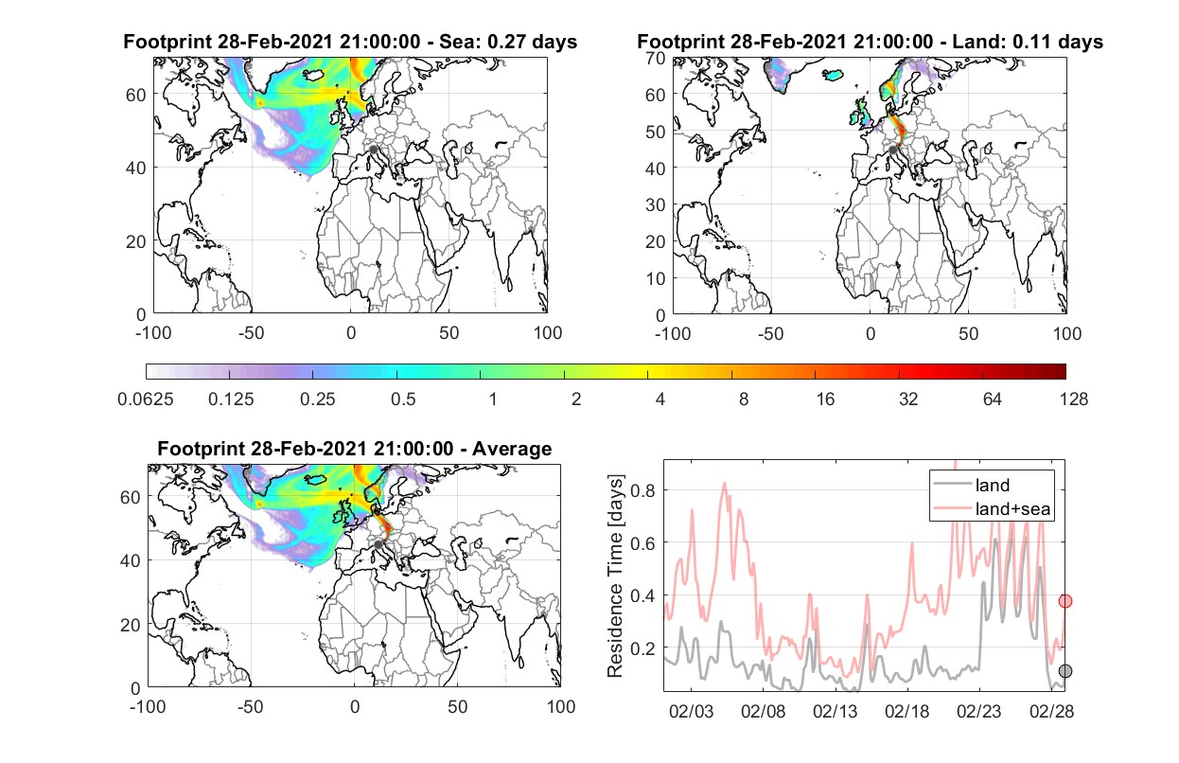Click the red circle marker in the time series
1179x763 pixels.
[x=1065, y=601]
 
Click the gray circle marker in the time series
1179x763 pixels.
[x=1065, y=671]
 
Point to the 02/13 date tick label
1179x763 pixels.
[x=835, y=711]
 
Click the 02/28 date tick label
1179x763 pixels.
[x=1051, y=711]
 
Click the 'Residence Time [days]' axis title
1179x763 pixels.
[x=615, y=577]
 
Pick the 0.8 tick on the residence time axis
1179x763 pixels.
[x=642, y=490]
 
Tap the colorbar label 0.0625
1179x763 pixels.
[x=146, y=399]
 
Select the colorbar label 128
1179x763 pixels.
[x=1074, y=399]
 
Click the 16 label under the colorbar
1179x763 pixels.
[x=825, y=399]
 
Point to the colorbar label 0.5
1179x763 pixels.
[x=403, y=399]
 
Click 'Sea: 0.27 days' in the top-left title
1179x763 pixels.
[x=508, y=42]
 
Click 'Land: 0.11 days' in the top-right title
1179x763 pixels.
[x=1028, y=42]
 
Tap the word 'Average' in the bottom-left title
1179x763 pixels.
[x=512, y=449]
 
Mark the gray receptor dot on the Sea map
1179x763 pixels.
[x=373, y=150]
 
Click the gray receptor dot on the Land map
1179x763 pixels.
[x=892, y=151]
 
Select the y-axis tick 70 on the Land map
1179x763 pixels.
[x=656, y=59]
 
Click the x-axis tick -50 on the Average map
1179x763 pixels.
[x=251, y=706]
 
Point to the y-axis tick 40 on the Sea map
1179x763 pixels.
[x=136, y=169]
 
